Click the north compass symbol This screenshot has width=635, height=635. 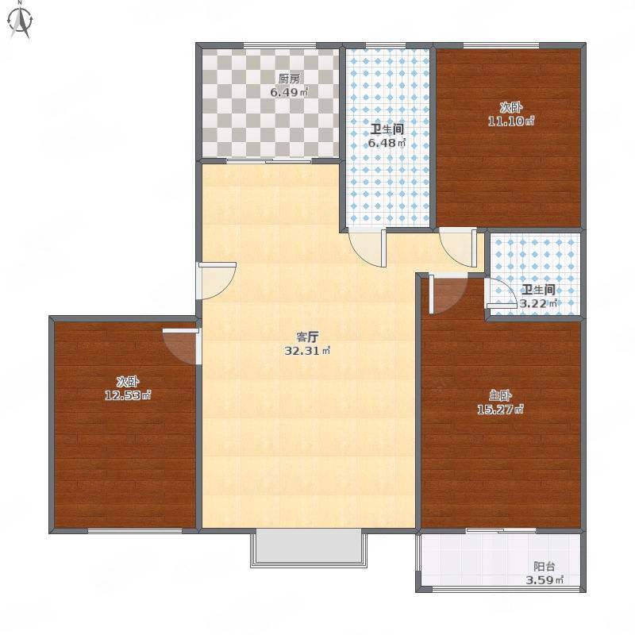pos(21,21)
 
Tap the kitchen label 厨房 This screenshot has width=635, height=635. pos(289,79)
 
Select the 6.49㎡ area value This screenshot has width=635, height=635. pos(289,92)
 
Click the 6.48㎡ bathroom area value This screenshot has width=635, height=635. pos(387,143)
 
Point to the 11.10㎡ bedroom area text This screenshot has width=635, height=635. pos(511,121)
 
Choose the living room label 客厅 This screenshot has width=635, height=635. pos(308,337)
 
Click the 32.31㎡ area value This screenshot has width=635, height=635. pos(307,351)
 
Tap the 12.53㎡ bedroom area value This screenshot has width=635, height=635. pos(128,394)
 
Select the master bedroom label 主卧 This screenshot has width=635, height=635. pos(501,395)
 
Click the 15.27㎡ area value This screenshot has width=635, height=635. pos(501,410)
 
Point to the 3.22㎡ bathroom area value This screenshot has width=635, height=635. pos(539,303)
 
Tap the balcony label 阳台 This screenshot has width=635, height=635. pos(544,566)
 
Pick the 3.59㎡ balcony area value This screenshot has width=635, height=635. pos(545,580)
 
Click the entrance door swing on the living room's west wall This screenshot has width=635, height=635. pos(216,281)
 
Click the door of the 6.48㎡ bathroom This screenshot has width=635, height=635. pos(368,248)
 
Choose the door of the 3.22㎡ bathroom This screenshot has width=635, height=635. pos(502,294)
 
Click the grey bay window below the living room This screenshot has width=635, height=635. pos(309,547)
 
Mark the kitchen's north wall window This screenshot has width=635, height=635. pos(279,45)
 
